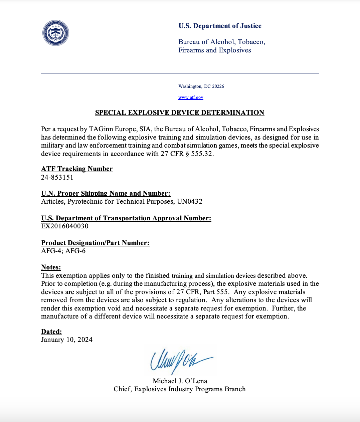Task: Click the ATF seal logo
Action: coord(56,33)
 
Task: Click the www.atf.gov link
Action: coord(191,97)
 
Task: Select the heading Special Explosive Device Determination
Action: coord(180,113)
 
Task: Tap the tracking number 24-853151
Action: coord(57,177)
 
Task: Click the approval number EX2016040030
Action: coord(65,226)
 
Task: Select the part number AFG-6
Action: coord(75,251)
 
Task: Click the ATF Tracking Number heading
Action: coord(77,169)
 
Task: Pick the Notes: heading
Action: coord(51,267)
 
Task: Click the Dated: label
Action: coord(51,332)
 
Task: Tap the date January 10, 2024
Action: coord(67,340)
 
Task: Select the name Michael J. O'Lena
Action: coord(180,381)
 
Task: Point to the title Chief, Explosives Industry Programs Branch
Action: coord(180,389)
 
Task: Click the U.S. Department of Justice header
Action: coord(220,26)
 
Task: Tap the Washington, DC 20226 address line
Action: coord(201,86)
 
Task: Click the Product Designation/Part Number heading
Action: coord(95,243)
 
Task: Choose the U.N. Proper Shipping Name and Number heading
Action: coord(106,193)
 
